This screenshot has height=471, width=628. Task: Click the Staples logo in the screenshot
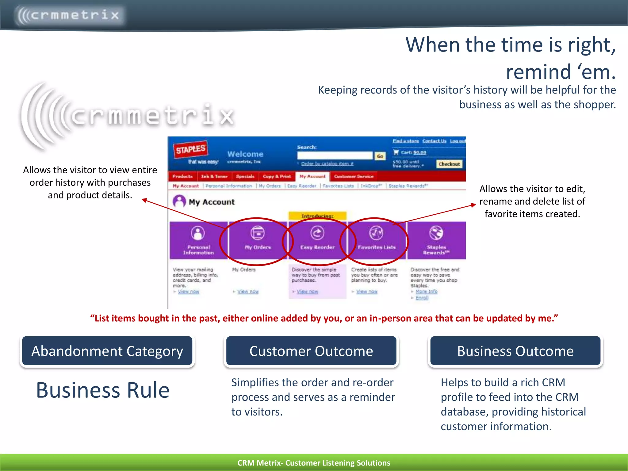190,149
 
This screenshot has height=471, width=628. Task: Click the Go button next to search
380,156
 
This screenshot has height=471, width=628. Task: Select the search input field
335,156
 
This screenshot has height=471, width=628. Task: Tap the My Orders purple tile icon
258,233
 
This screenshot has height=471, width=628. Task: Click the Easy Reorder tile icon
317,233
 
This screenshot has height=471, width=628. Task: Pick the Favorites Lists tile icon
376,233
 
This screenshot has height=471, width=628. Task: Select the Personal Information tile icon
198,233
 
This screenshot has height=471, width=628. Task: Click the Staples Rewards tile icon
436,233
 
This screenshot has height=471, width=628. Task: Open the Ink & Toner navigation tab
214,176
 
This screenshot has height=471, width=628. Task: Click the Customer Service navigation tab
354,176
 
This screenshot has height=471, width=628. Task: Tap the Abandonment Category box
107,351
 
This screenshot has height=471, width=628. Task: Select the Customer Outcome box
311,351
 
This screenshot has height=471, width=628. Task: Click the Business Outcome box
515,351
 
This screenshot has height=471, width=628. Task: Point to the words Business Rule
103,390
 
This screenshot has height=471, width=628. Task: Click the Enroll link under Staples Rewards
422,297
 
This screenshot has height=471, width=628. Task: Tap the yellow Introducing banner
317,216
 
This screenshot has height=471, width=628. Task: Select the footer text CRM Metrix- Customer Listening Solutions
314,463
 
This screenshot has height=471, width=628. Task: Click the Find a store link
405,141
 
